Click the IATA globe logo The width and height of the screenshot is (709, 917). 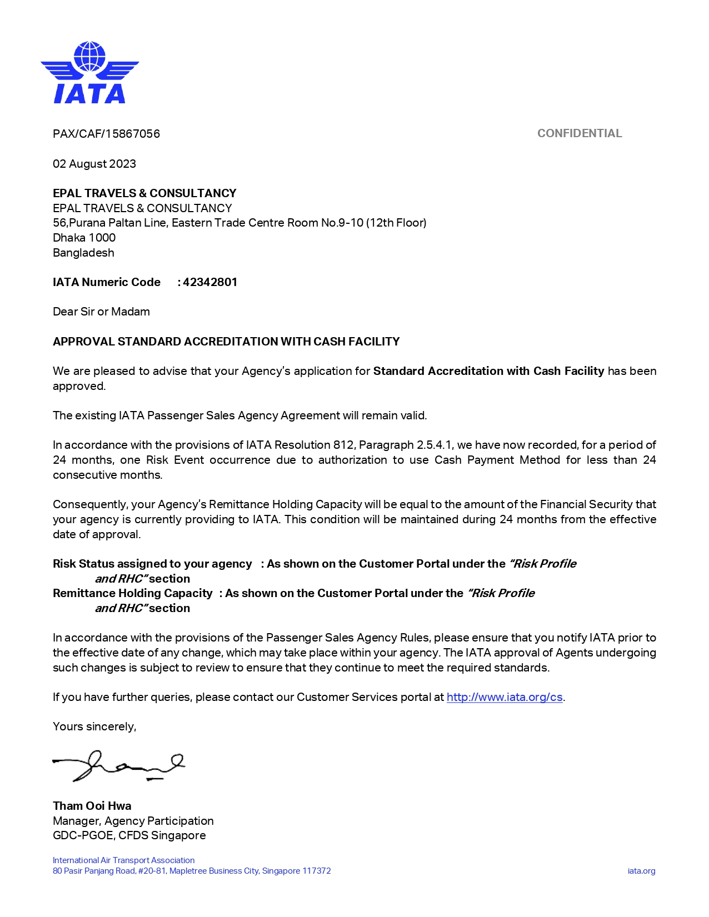(x=89, y=72)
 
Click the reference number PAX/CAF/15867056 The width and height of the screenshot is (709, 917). (x=106, y=134)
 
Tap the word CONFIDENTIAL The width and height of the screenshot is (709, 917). (x=580, y=133)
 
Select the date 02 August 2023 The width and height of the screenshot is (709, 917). (x=94, y=164)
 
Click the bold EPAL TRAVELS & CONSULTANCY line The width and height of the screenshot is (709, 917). (x=144, y=193)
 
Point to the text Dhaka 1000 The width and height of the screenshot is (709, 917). (x=84, y=238)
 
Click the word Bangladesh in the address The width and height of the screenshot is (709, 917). (x=83, y=253)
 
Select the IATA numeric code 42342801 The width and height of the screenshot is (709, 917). (x=210, y=282)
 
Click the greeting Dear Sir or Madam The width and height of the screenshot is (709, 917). (x=101, y=312)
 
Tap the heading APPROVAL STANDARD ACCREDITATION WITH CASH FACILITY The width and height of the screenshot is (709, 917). (x=226, y=342)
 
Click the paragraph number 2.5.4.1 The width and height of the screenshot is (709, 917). (x=435, y=445)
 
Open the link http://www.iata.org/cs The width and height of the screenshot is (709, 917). (x=505, y=697)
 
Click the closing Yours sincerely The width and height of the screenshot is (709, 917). (x=94, y=726)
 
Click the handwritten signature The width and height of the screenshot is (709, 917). (x=118, y=766)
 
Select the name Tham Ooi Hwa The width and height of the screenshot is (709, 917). (x=92, y=806)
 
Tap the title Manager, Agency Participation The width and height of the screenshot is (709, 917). (x=133, y=821)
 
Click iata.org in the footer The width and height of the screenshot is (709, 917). (x=641, y=871)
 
